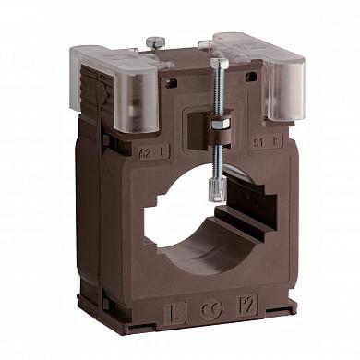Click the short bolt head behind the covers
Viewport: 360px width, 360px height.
click(x=154, y=42)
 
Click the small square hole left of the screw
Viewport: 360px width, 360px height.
click(x=171, y=83)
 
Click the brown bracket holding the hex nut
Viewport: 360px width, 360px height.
click(x=219, y=134)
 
